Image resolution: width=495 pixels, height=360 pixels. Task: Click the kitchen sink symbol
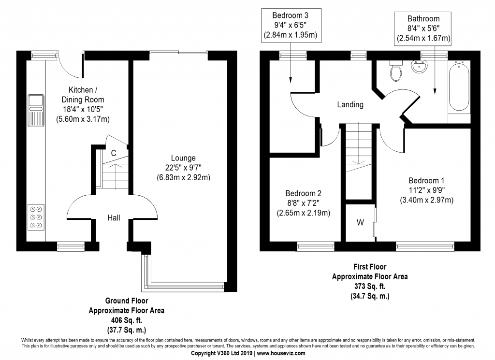(x=36, y=111)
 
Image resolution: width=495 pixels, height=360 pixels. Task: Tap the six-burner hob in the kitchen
(x=36, y=217)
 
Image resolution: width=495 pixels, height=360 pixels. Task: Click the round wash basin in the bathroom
(x=418, y=67)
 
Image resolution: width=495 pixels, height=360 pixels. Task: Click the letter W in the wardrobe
(x=360, y=223)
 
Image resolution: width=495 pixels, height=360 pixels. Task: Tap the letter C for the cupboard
(x=113, y=153)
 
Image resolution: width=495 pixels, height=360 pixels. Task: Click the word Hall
(x=114, y=218)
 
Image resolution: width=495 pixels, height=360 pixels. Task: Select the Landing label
(x=350, y=104)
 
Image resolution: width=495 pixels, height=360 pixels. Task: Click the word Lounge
(x=183, y=158)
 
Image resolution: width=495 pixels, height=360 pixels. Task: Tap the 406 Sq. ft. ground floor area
(x=126, y=320)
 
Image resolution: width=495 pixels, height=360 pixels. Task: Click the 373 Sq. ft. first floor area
(x=369, y=286)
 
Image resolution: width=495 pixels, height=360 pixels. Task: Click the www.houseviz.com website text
(x=280, y=353)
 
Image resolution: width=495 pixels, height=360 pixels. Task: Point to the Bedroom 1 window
(x=425, y=246)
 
